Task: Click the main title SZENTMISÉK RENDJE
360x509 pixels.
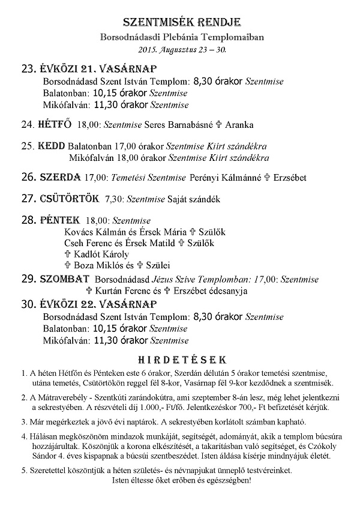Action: point(181,23)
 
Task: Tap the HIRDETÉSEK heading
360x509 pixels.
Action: point(182,360)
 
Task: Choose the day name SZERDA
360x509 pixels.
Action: point(60,177)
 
